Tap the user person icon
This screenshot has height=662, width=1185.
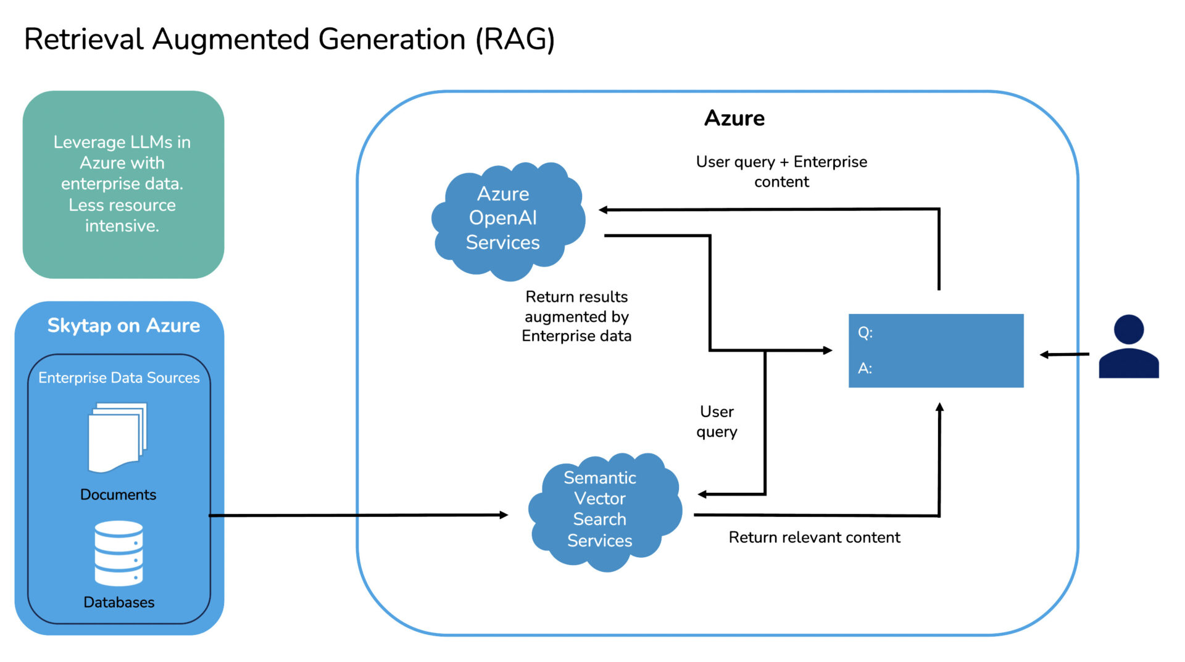click(x=1128, y=347)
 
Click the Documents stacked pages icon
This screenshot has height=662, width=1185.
click(x=117, y=437)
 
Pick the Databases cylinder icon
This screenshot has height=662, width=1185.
click(x=118, y=553)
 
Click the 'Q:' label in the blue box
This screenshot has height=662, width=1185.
click(x=865, y=333)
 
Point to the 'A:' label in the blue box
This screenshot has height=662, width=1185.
click(x=865, y=368)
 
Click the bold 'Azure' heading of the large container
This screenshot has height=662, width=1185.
click(x=734, y=118)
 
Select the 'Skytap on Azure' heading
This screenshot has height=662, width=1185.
click(x=123, y=325)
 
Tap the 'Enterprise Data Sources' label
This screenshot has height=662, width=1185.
click(x=118, y=378)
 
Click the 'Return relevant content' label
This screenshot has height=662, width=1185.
click(x=814, y=537)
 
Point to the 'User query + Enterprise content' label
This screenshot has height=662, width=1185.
click(x=781, y=172)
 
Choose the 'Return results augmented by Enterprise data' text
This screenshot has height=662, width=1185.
click(x=576, y=317)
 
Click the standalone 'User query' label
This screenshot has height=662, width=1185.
click(x=717, y=421)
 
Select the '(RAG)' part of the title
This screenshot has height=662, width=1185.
click(x=515, y=39)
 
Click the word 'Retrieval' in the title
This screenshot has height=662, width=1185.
click(x=83, y=39)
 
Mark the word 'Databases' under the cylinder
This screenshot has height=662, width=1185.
click(x=118, y=602)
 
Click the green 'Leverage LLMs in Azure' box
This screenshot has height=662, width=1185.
click(x=123, y=184)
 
